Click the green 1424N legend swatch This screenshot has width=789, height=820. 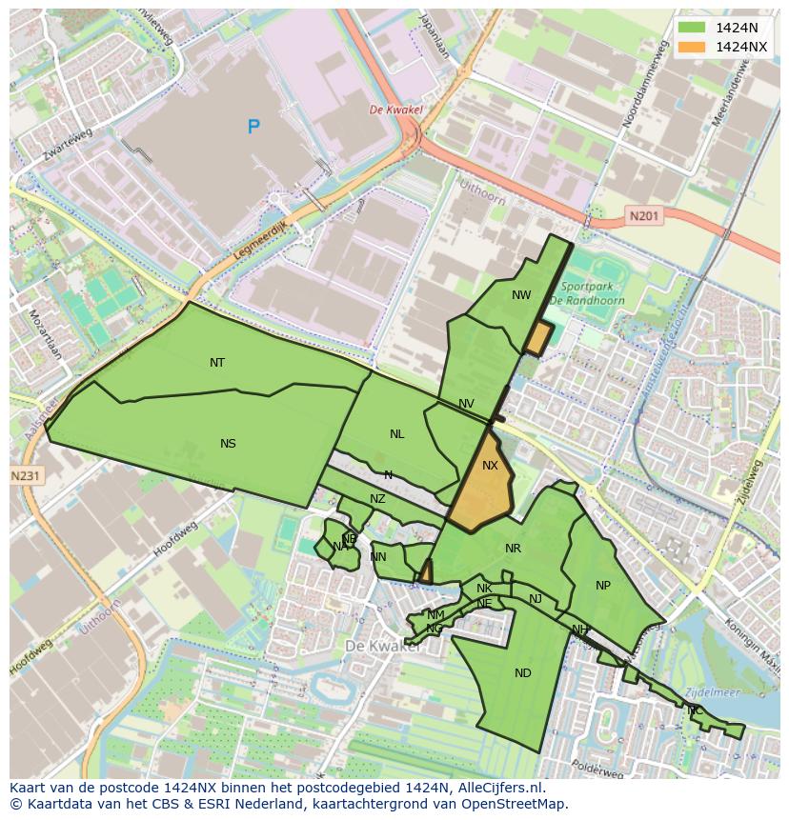click(x=693, y=28)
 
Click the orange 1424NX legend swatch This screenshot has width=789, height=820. click(x=693, y=47)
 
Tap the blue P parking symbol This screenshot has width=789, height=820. click(x=253, y=127)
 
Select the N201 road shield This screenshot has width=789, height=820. click(x=644, y=216)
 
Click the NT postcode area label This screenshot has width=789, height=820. click(x=217, y=362)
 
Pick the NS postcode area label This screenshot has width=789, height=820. click(x=228, y=443)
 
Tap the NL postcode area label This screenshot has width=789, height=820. click(x=396, y=433)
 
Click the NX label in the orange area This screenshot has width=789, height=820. click(x=490, y=466)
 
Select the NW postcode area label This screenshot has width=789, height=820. click(x=521, y=294)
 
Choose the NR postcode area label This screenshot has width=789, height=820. click(x=514, y=548)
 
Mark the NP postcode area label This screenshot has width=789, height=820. click(x=603, y=585)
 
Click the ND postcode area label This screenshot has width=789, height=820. click(x=523, y=672)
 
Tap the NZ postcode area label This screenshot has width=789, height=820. click(x=377, y=498)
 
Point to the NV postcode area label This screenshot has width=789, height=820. click(x=466, y=404)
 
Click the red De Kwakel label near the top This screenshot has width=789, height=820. click(x=395, y=110)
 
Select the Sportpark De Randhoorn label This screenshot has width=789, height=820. click(x=587, y=292)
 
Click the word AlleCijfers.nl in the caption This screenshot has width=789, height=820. click(x=498, y=788)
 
